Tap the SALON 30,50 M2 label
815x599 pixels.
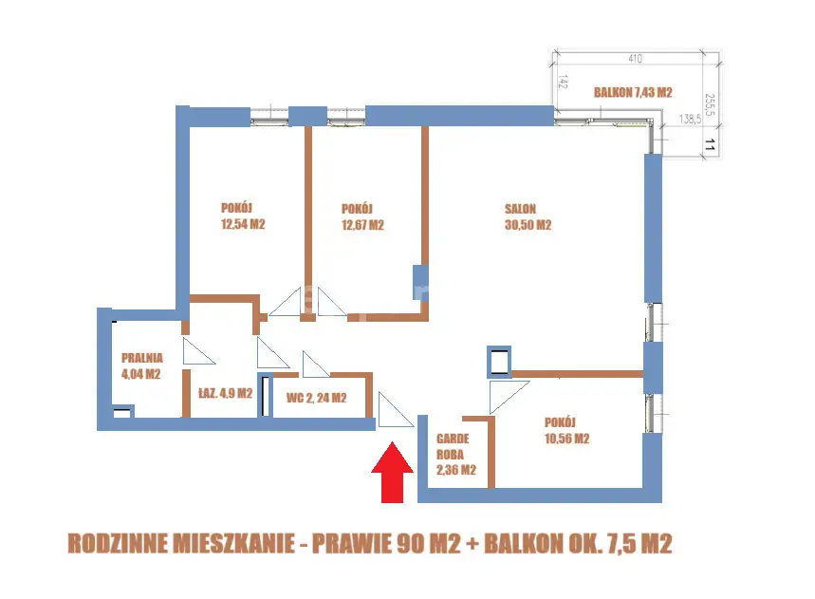[x=528, y=217]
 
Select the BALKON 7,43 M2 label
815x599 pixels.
[x=632, y=92]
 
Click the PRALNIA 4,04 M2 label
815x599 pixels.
[x=142, y=365]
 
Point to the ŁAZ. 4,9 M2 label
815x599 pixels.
[x=225, y=393]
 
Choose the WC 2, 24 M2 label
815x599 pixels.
[x=317, y=399]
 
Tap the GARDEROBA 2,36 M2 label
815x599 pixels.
[x=455, y=455]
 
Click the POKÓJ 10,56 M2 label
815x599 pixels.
[x=567, y=430]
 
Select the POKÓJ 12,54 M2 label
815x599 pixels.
[x=241, y=217]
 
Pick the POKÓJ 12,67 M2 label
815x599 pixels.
[x=361, y=217]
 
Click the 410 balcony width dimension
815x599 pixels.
[x=636, y=59]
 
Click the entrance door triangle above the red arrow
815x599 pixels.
[x=393, y=412]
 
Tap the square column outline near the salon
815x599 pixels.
[x=498, y=361]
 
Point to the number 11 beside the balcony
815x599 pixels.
[x=709, y=145]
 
